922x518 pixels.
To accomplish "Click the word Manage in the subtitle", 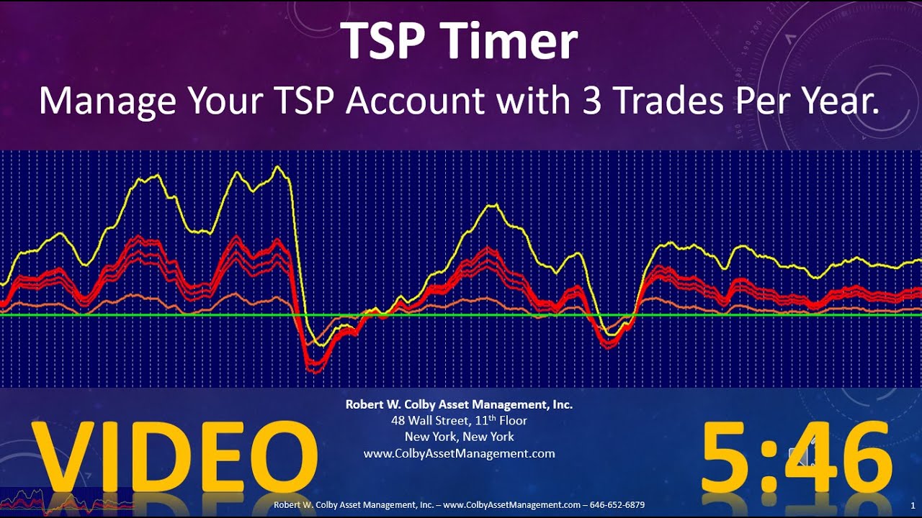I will [107, 101].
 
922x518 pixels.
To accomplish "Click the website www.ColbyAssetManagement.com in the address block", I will [459, 453].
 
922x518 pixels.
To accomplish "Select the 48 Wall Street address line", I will [459, 420].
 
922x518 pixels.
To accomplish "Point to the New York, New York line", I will [459, 437].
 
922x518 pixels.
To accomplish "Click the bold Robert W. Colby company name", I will [459, 404].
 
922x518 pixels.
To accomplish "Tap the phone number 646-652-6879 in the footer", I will [617, 505].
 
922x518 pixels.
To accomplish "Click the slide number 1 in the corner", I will [913, 505].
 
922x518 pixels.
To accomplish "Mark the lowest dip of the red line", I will [313, 371].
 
